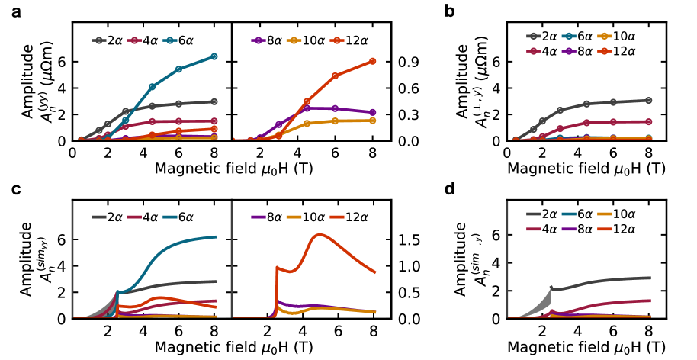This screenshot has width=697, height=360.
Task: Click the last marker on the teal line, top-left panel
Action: pyautogui.click(x=214, y=56)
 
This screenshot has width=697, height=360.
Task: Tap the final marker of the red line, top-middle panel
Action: pyautogui.click(x=372, y=61)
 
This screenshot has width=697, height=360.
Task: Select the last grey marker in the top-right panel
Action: pyautogui.click(x=649, y=100)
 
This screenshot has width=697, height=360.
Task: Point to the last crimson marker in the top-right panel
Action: pyautogui.click(x=649, y=121)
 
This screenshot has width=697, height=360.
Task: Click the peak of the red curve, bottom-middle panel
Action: pyautogui.click(x=320, y=234)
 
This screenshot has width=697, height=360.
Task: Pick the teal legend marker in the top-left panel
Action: pyautogui.click(x=169, y=40)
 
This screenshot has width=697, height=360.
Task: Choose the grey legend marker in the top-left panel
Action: pyautogui.click(x=98, y=40)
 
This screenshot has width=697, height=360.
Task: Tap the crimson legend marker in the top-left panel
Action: pyautogui.click(x=134, y=40)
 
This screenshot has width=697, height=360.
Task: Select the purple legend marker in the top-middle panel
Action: pyautogui.click(x=259, y=40)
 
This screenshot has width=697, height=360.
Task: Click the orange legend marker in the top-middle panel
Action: pyautogui.click(x=294, y=40)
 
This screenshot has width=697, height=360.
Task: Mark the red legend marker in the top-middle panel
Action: pyautogui.click(x=336, y=40)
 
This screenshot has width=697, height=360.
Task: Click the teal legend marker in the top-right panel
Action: pyautogui.click(x=569, y=36)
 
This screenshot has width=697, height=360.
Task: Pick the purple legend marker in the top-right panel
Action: pyautogui.click(x=569, y=51)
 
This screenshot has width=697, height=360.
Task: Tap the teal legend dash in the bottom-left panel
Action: pyautogui.click(x=169, y=217)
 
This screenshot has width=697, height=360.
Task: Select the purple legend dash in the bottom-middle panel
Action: pyautogui.click(x=259, y=217)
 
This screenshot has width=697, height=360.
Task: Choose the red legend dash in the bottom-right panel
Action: pyautogui.click(x=604, y=229)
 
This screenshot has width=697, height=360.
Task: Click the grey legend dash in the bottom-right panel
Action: pyautogui.click(x=533, y=214)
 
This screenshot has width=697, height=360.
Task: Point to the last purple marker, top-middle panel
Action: pyautogui.click(x=372, y=112)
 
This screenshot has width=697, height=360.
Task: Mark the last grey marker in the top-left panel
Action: pyautogui.click(x=214, y=101)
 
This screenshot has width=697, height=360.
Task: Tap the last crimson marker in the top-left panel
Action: pyautogui.click(x=214, y=121)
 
